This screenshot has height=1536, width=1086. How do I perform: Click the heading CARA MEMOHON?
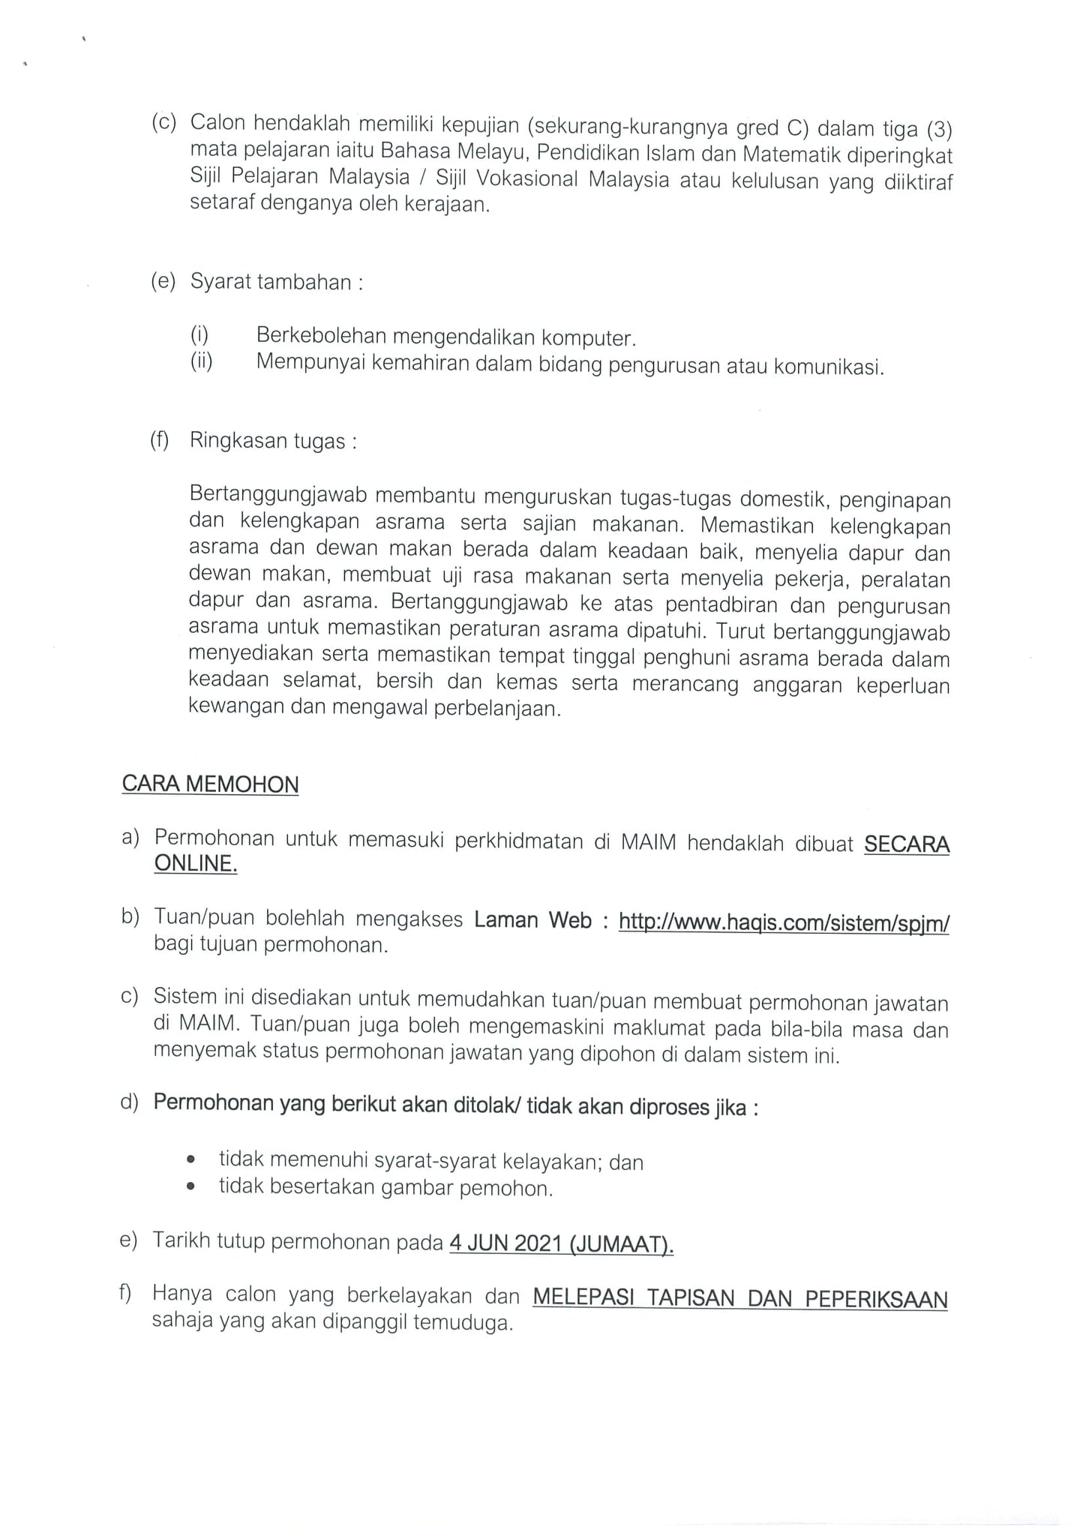[x=210, y=784]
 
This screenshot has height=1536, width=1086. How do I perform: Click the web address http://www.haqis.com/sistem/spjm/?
[x=784, y=922]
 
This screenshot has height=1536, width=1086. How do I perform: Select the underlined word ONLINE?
[x=196, y=863]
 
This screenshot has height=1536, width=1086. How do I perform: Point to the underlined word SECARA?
[x=907, y=844]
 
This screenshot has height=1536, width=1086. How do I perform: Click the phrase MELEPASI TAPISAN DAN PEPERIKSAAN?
[x=739, y=1298]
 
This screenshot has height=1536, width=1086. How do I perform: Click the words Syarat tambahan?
[x=271, y=283]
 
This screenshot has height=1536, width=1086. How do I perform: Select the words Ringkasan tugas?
[x=267, y=440]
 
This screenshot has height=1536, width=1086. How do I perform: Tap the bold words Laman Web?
[x=532, y=920]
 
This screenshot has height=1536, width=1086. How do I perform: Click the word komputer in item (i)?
[x=588, y=338]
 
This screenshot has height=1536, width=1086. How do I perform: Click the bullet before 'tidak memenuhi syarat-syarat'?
[x=191, y=1160]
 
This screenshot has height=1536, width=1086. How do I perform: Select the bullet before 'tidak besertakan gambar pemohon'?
[x=191, y=1187]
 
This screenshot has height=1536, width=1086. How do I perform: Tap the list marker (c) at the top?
[x=163, y=122]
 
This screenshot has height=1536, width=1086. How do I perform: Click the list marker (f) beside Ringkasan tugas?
[x=160, y=439]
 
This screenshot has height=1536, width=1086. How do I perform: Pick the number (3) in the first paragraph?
[x=939, y=130]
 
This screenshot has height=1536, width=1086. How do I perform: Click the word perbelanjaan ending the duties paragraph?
[x=497, y=708]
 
